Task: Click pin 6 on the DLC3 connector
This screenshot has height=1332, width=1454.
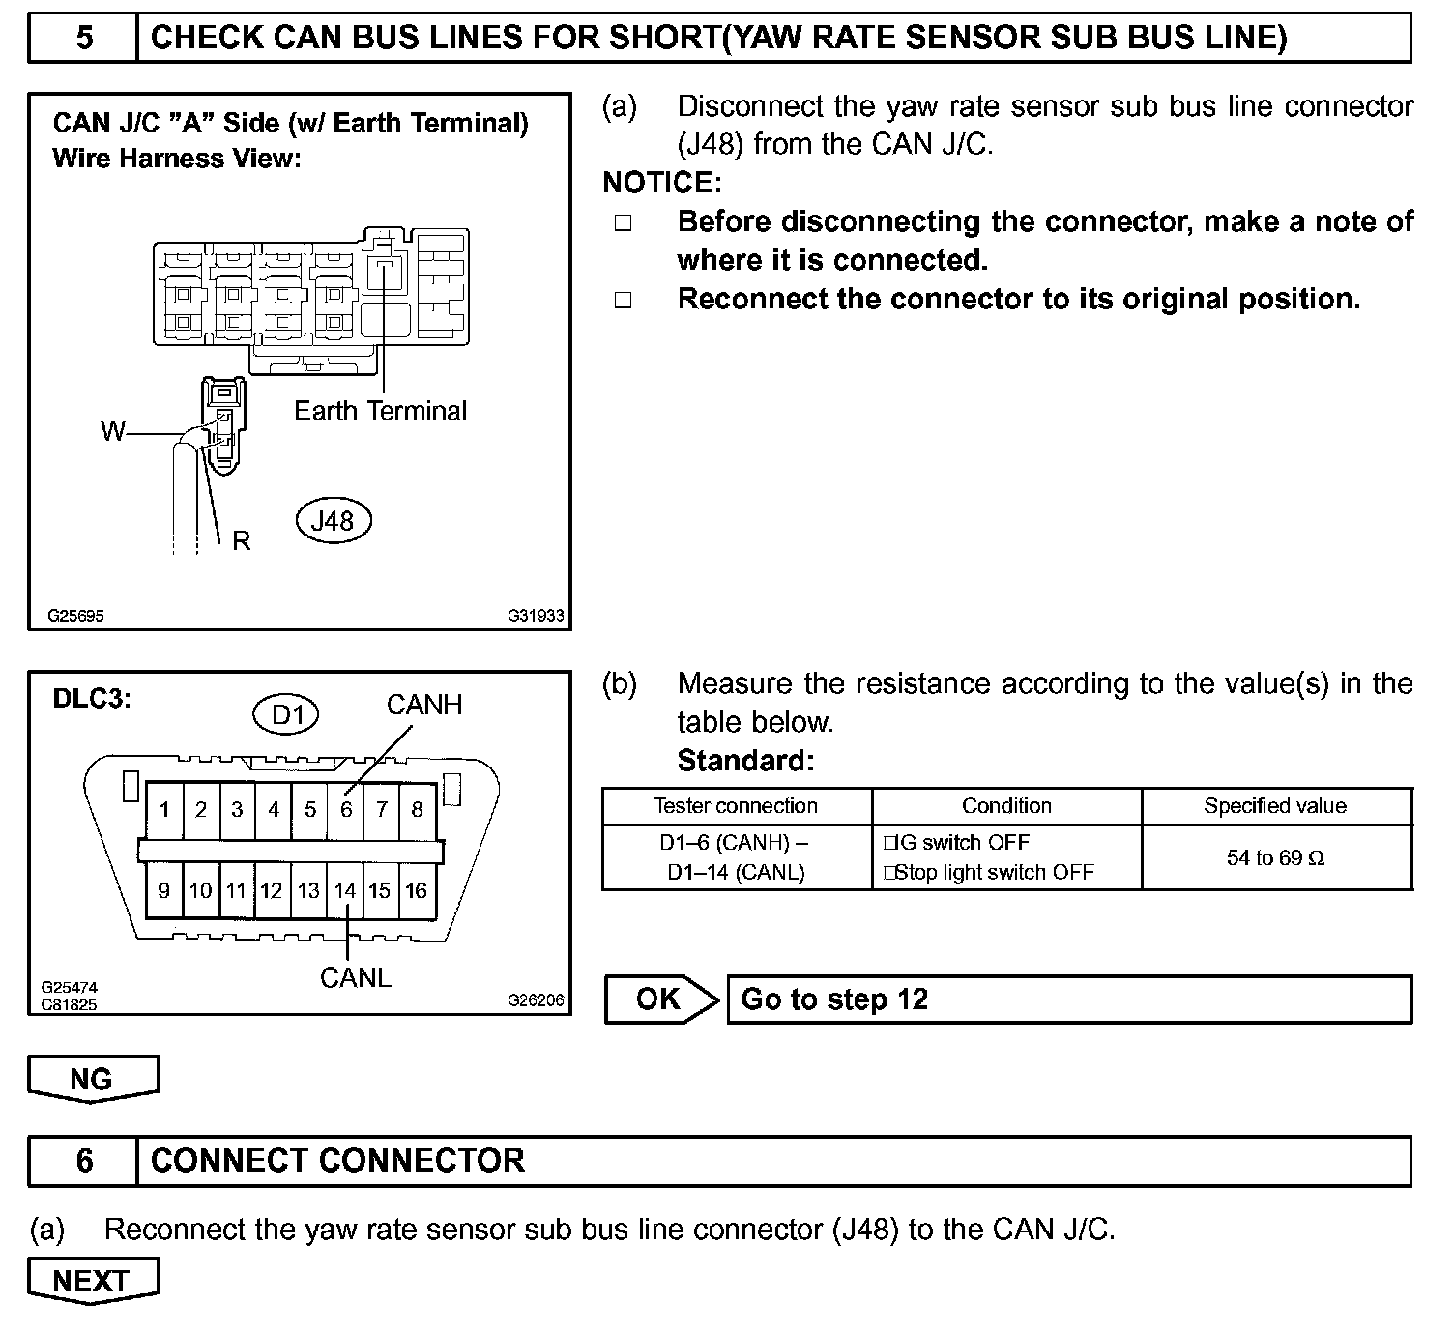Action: click(x=346, y=809)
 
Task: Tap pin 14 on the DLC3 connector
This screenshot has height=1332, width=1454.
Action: click(x=345, y=890)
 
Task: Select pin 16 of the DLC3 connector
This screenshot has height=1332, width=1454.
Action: click(x=417, y=890)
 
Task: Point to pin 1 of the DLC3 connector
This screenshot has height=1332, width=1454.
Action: click(x=165, y=809)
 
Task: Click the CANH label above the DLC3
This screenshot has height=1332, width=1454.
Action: click(x=424, y=705)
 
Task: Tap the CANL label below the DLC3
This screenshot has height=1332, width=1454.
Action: click(x=356, y=978)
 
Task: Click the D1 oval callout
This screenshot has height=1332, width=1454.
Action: click(x=287, y=715)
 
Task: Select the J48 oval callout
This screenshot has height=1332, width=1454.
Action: click(x=333, y=521)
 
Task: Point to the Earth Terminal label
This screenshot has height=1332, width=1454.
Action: click(x=380, y=411)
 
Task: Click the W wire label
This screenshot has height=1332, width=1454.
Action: click(x=113, y=431)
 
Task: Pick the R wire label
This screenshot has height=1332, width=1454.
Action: click(x=241, y=541)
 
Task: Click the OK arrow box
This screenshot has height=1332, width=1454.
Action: click(x=661, y=999)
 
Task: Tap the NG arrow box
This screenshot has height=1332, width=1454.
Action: click(x=92, y=1078)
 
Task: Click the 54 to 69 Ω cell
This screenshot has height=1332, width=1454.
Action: click(x=1276, y=857)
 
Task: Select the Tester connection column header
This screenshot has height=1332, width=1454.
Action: click(x=736, y=806)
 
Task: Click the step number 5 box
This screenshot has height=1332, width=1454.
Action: click(x=84, y=38)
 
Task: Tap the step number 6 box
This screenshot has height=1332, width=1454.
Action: click(x=84, y=1160)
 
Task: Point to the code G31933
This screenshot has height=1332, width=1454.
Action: click(x=536, y=616)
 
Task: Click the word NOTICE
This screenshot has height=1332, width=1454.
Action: click(x=661, y=183)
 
